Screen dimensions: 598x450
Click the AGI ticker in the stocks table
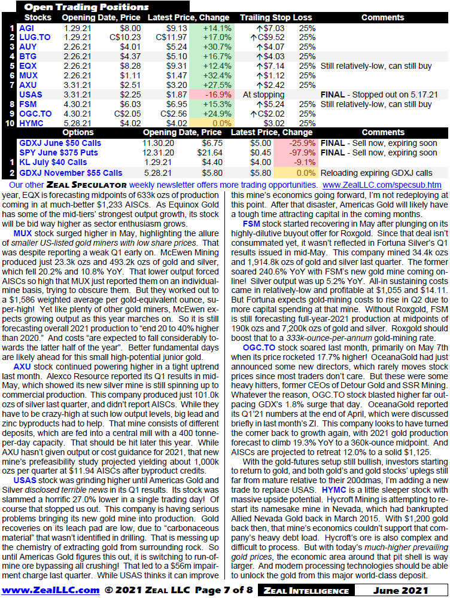click(26, 28)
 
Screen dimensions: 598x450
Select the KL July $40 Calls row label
click(53, 162)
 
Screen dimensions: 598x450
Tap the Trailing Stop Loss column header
click(276, 18)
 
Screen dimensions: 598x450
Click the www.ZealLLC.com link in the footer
click(50, 590)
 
